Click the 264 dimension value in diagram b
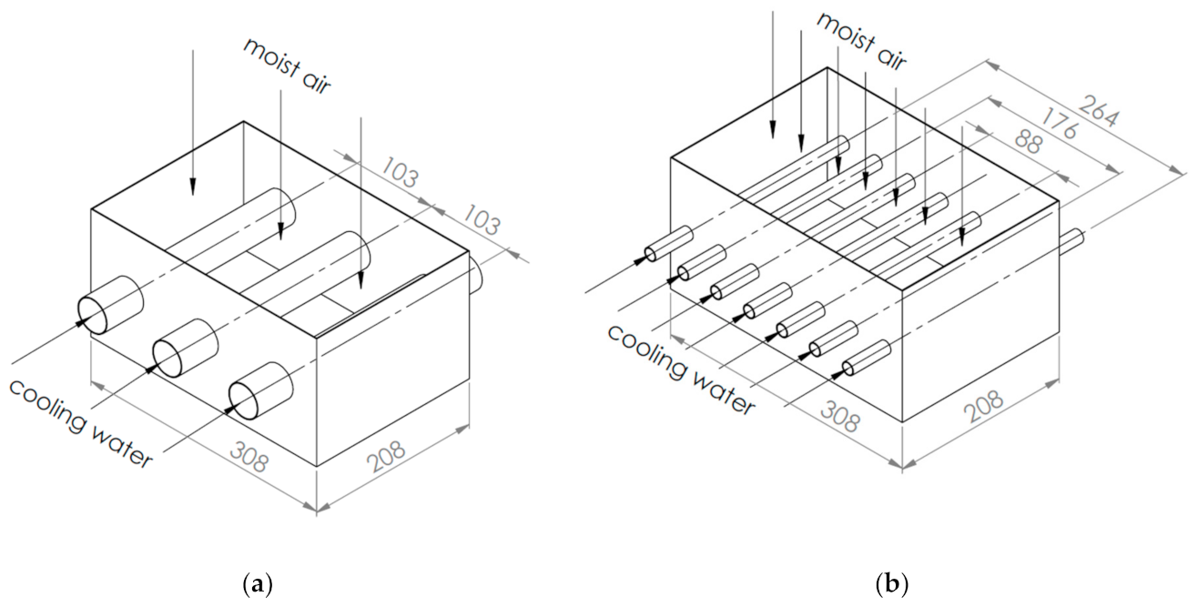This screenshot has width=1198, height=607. (1098, 111)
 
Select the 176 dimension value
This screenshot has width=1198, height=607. (1059, 124)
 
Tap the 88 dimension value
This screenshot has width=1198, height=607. (1028, 141)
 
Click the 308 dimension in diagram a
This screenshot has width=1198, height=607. (249, 458)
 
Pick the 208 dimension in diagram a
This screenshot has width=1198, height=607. (386, 456)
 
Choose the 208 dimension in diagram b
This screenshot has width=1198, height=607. (983, 407)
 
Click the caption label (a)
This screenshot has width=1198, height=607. (258, 583)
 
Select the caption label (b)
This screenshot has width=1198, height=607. (892, 583)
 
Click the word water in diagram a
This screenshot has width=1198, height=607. (123, 448)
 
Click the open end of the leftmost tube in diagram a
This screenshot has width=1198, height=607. (93, 316)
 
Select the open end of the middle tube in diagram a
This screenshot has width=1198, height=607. (168, 359)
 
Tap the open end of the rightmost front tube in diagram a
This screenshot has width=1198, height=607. (243, 401)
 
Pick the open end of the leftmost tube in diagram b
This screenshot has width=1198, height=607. (651, 254)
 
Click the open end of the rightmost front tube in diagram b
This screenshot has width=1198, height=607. (848, 369)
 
